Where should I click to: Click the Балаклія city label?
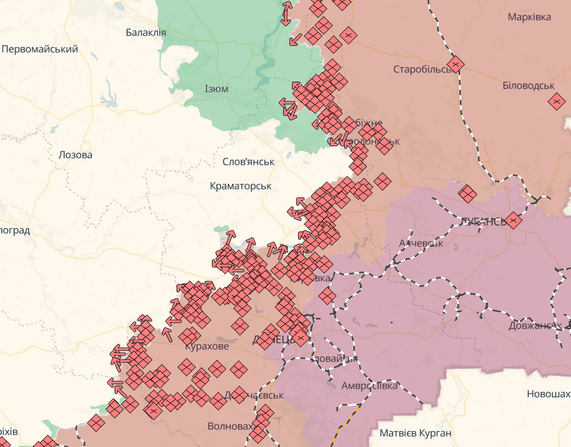145,32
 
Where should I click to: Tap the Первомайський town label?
40,49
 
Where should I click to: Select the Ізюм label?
216,89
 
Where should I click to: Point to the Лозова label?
75,155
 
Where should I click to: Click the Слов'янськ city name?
248,162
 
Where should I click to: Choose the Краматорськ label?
241,186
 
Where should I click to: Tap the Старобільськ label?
423,69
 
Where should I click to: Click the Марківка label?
529,17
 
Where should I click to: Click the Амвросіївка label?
370,386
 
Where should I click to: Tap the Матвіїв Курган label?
415,433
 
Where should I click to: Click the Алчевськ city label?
421,243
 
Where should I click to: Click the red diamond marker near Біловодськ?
557,100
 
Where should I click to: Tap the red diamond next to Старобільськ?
456,64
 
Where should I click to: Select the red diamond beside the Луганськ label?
513,220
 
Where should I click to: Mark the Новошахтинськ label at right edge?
548,394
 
